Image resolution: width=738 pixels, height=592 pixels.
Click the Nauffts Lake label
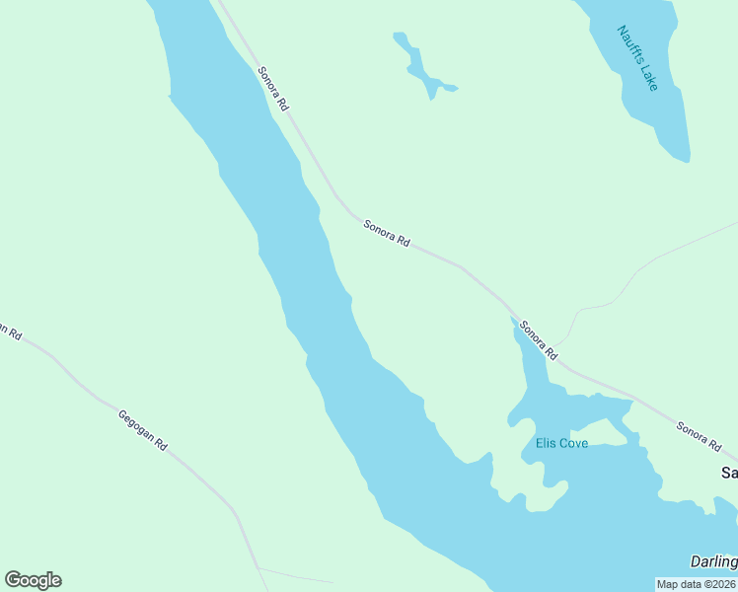coord(637,57)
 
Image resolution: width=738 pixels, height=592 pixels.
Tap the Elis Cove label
coord(561,444)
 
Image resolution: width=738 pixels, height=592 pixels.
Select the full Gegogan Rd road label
coord(142,430)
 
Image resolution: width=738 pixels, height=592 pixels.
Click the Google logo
coord(33,580)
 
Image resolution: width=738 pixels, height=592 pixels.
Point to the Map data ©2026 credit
coord(697,584)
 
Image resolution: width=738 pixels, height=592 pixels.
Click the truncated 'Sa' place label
coord(729,474)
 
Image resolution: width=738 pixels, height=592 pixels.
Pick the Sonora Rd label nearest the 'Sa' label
coord(699,436)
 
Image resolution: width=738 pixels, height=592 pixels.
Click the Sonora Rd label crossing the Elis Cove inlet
coord(539,340)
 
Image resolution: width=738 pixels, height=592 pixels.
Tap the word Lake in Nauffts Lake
coord(647,76)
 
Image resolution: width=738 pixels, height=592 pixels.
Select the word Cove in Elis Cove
coord(573,444)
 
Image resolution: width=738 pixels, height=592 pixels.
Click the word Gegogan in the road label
coord(134,424)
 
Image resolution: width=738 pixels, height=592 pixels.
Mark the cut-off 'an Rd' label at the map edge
coord(10,331)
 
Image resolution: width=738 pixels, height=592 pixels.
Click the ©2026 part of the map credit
coord(718,584)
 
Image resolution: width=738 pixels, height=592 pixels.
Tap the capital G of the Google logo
coord(13,580)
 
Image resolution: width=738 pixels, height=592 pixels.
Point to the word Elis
coord(546,444)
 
